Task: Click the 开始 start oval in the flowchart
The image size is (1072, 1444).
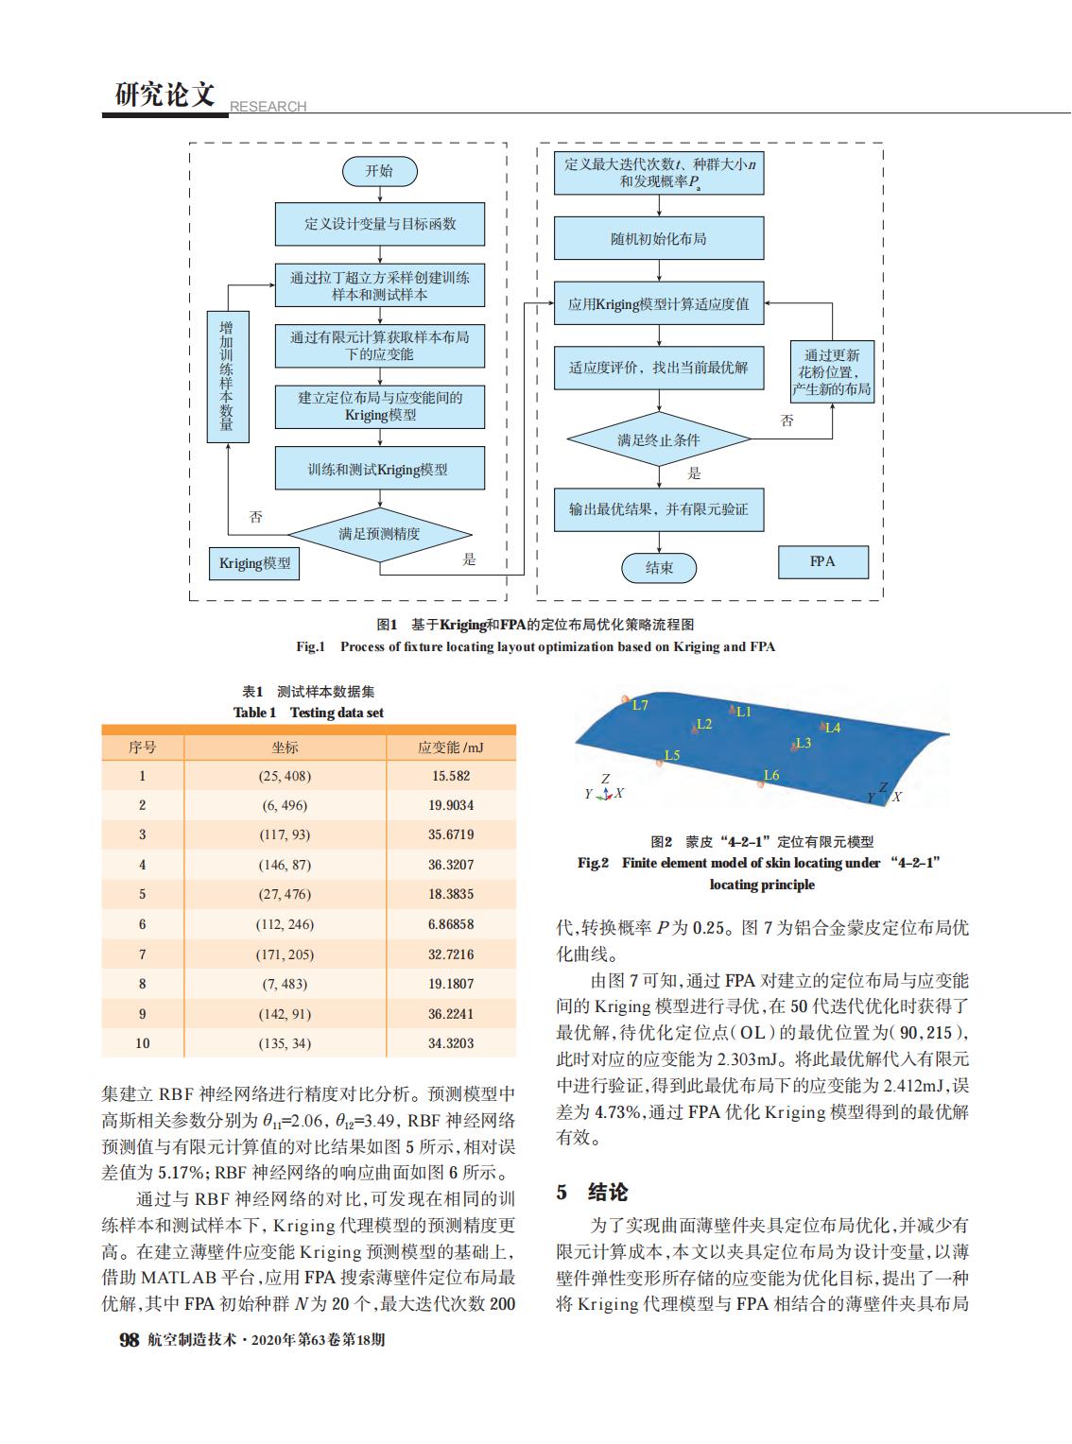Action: tap(379, 171)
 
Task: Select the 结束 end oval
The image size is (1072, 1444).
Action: tap(659, 567)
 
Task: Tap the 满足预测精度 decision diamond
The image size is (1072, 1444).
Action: tap(379, 534)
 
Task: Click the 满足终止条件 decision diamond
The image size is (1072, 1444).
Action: tap(659, 439)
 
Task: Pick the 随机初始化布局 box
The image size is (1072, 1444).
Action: tap(658, 239)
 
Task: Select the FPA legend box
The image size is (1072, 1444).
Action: tap(822, 561)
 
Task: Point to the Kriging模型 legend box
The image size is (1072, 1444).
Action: tap(254, 564)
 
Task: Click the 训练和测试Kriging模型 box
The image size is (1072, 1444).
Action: tap(379, 470)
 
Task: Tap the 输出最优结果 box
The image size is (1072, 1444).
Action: tap(658, 509)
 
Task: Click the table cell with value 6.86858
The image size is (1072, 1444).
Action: tap(451, 924)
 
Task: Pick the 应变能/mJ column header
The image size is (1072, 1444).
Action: tap(451, 748)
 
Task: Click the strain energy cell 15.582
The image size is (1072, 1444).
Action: tap(451, 776)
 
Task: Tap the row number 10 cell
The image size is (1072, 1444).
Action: tap(143, 1043)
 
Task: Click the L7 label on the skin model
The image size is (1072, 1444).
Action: tap(640, 705)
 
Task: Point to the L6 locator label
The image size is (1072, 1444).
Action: tap(771, 776)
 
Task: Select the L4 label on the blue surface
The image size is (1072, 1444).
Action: tap(833, 728)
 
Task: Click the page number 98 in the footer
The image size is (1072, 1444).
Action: tap(128, 1340)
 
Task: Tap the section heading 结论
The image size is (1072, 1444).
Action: tap(607, 1193)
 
